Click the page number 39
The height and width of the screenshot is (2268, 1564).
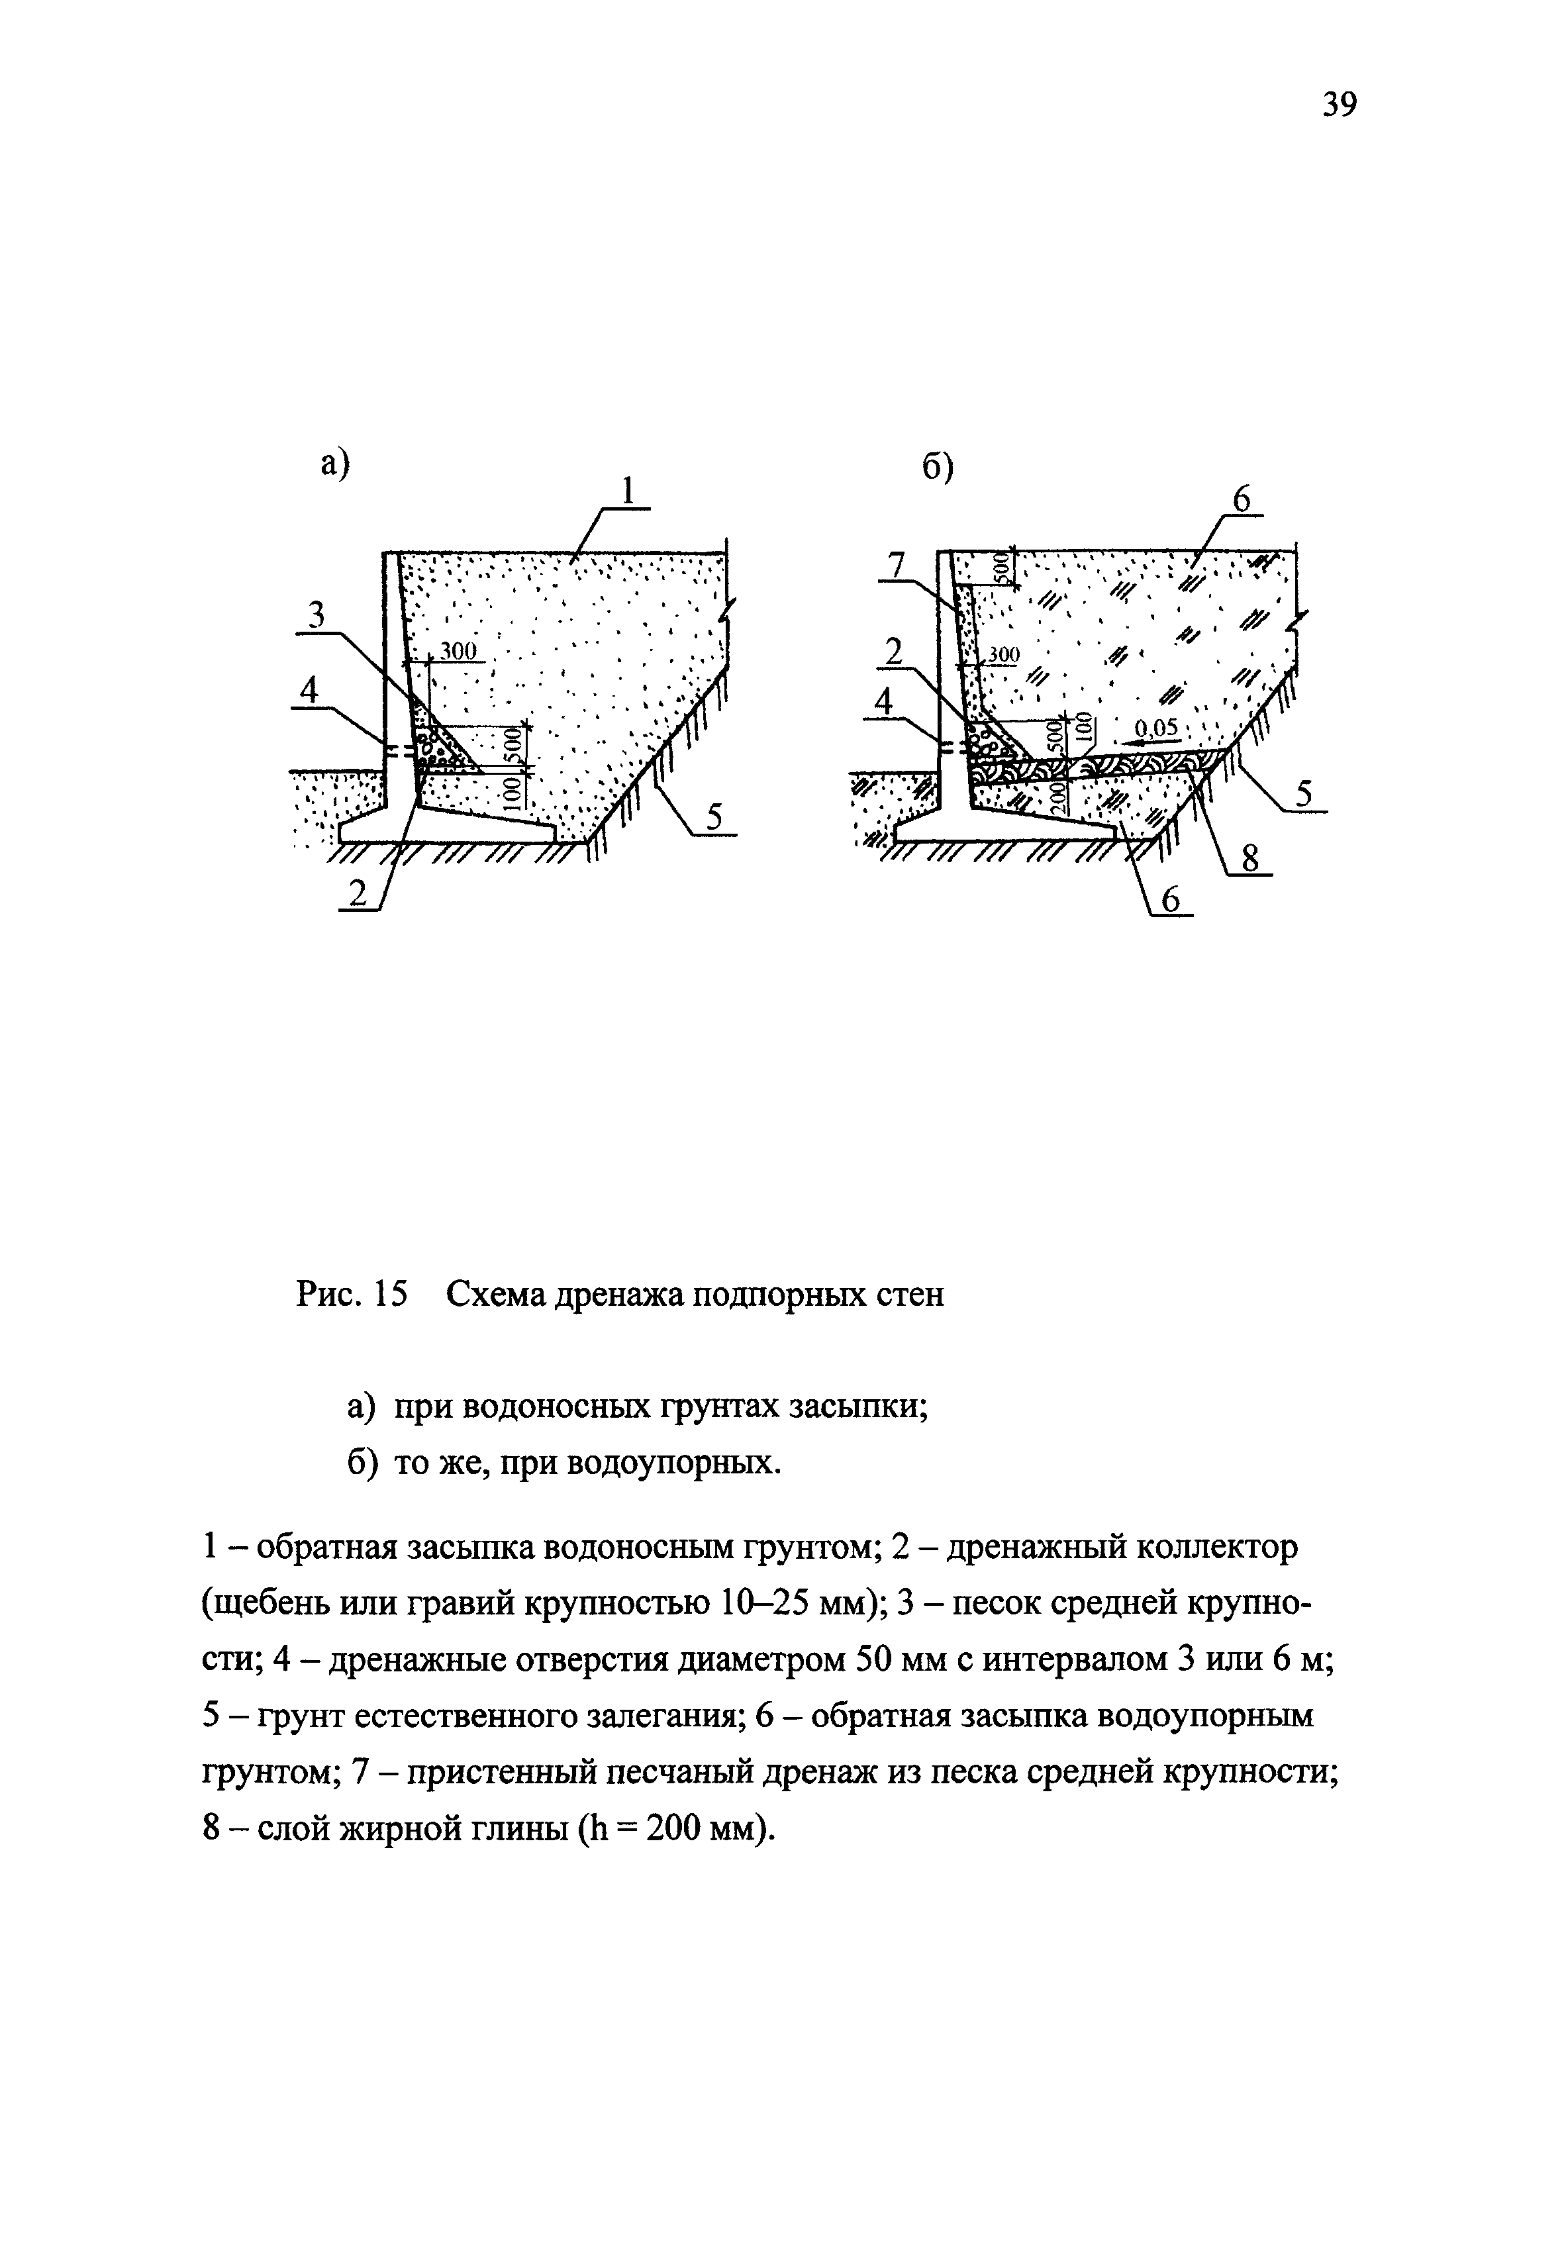coord(1340,104)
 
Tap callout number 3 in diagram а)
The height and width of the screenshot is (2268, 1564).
coord(316,616)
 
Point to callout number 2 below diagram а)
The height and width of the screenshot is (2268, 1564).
coord(358,894)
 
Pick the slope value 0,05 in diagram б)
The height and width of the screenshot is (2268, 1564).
coord(1155,728)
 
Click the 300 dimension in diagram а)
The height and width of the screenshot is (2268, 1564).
coord(457,651)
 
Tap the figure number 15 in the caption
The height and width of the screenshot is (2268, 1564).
coord(389,1295)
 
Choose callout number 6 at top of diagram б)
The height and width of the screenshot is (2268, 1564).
coord(1242,500)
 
